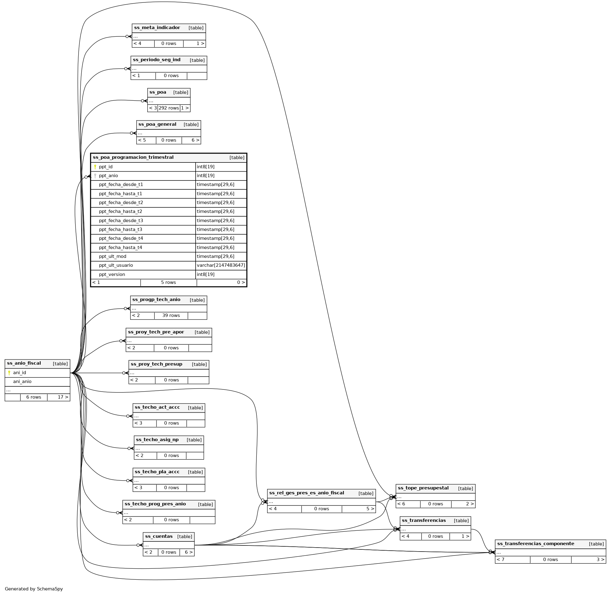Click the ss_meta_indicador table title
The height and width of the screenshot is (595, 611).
(x=157, y=28)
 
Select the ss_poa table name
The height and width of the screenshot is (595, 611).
(x=158, y=92)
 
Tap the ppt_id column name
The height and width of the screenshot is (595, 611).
(x=105, y=167)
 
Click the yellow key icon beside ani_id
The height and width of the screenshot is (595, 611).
(x=9, y=373)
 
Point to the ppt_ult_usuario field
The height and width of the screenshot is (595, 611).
(x=116, y=265)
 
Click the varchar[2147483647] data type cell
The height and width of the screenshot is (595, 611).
(x=221, y=265)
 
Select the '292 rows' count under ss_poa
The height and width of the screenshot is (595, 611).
(x=169, y=108)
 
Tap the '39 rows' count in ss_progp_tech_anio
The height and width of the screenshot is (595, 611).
(x=171, y=315)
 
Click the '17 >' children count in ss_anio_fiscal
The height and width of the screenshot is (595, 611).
(x=63, y=397)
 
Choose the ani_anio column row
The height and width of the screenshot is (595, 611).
(x=22, y=381)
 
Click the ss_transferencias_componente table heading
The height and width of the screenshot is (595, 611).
(x=536, y=543)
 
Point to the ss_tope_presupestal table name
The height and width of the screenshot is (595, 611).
(x=423, y=488)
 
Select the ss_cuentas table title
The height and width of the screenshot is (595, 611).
(x=159, y=536)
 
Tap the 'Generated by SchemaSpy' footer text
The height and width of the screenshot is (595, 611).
(x=34, y=589)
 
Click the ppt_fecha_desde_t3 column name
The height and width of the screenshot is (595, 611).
(x=121, y=221)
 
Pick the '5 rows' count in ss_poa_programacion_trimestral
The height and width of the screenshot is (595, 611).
(x=168, y=282)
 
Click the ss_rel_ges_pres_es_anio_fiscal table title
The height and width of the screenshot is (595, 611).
(x=306, y=493)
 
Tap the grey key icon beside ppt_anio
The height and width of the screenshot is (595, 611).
(x=95, y=176)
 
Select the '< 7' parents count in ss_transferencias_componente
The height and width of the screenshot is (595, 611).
(x=500, y=560)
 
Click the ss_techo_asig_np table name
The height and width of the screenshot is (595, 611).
(x=157, y=440)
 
